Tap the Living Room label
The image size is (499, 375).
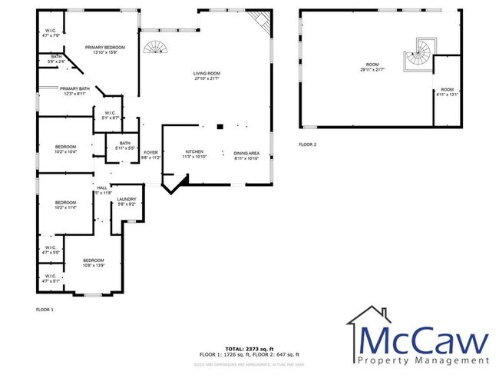click(x=206, y=75)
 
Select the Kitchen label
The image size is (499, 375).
click(x=193, y=154)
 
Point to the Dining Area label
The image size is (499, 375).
click(x=246, y=154)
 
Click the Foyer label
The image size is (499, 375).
click(x=151, y=155)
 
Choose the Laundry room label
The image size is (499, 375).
click(x=126, y=202)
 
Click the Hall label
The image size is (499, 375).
click(x=101, y=190)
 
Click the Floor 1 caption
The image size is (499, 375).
click(x=45, y=309)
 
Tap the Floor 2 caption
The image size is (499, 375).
click(x=307, y=144)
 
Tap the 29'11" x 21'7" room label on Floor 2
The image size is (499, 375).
click(x=372, y=66)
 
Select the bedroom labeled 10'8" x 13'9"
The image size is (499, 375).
click(x=93, y=263)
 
